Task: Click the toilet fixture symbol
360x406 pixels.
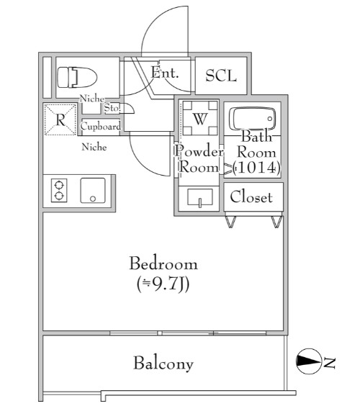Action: click(77, 77)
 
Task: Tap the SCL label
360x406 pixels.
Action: click(221, 76)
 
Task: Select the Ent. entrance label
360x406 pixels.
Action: click(165, 73)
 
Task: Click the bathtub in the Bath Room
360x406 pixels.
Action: click(254, 119)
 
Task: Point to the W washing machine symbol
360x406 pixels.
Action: click(200, 118)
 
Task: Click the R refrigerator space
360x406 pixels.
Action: click(60, 119)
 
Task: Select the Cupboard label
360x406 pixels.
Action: click(101, 127)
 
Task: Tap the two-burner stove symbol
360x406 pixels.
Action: click(59, 190)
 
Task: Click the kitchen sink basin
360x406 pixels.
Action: click(93, 190)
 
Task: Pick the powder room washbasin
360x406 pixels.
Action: click(199, 198)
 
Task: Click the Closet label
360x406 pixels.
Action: click(251, 197)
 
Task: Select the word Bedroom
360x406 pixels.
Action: click(163, 263)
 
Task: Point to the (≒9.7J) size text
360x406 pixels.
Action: click(163, 284)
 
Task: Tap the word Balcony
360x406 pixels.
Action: click(163, 364)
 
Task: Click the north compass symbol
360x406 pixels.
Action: click(308, 361)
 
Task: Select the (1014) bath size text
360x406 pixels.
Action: click(256, 168)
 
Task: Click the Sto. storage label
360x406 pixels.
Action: click(112, 107)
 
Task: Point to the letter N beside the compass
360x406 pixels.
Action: click(330, 363)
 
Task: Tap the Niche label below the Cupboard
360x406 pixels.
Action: click(94, 147)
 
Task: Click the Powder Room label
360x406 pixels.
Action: click(199, 159)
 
